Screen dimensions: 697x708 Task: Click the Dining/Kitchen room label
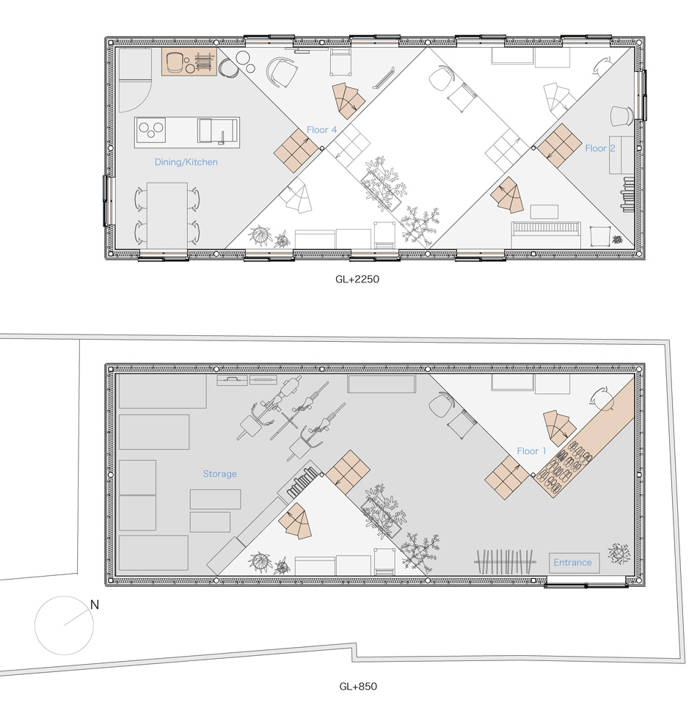coord(186,161)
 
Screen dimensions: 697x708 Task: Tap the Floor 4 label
coord(321,130)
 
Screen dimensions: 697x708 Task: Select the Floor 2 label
coord(600,148)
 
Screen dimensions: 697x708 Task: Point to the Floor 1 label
coord(531,450)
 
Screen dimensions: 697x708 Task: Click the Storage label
coord(219,473)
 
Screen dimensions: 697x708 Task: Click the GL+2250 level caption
coord(357,279)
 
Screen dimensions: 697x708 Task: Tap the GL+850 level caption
coord(358,686)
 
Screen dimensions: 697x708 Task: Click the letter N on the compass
coord(95,604)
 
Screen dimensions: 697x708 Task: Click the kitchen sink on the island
coord(217,131)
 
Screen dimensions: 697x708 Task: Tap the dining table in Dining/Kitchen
coord(167,216)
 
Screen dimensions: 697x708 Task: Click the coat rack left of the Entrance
coord(506,562)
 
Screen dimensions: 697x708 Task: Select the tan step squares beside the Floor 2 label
coord(559,145)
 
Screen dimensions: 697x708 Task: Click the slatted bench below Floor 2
coord(546,235)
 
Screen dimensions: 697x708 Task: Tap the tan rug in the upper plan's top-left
coord(189,62)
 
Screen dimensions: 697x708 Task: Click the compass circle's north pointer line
coord(76,618)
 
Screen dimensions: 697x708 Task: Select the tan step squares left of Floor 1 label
coord(506,477)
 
